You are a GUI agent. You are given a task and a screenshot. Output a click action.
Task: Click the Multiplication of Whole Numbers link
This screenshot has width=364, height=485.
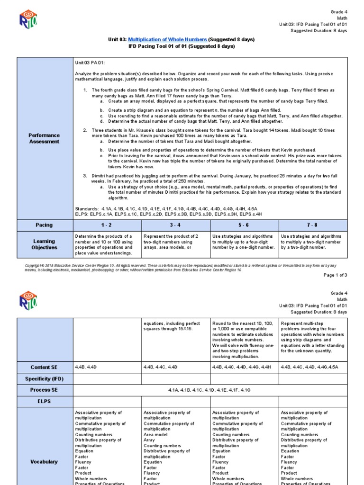pos(167,39)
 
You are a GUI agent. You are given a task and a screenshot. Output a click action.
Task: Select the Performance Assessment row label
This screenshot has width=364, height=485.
pos(44,138)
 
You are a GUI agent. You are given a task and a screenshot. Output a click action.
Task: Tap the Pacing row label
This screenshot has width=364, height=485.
pos(44,225)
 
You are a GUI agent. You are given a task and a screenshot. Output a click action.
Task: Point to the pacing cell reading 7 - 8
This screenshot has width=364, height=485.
pos(312,225)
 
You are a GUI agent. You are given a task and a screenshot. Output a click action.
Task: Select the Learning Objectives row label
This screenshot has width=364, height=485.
pos(44,244)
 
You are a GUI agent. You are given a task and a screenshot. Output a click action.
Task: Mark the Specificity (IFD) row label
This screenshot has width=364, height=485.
pos(44,378)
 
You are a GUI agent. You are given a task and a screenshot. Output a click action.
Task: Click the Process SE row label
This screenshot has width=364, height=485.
pos(44,390)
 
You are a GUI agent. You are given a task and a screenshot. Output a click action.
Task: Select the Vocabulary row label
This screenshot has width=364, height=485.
pos(44,462)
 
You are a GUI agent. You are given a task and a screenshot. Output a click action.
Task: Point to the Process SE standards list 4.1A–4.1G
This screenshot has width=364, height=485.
pos(209,390)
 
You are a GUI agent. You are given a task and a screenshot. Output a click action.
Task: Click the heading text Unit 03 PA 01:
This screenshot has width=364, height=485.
pos(90,63)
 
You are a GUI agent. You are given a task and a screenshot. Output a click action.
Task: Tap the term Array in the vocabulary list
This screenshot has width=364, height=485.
pos(149,440)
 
